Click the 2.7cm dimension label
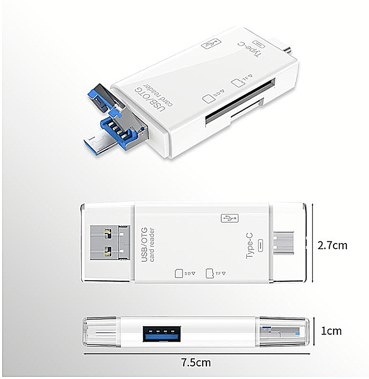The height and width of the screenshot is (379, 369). coord(332,245)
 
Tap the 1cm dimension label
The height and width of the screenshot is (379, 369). coord(331,331)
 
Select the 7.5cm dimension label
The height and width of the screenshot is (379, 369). coord(196,363)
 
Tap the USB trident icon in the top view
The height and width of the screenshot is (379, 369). coord(229,218)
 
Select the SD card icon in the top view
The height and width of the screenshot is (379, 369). coord(179,273)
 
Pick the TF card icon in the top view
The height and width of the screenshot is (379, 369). coord(210,273)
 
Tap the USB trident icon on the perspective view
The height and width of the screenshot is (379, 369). coord(210,43)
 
